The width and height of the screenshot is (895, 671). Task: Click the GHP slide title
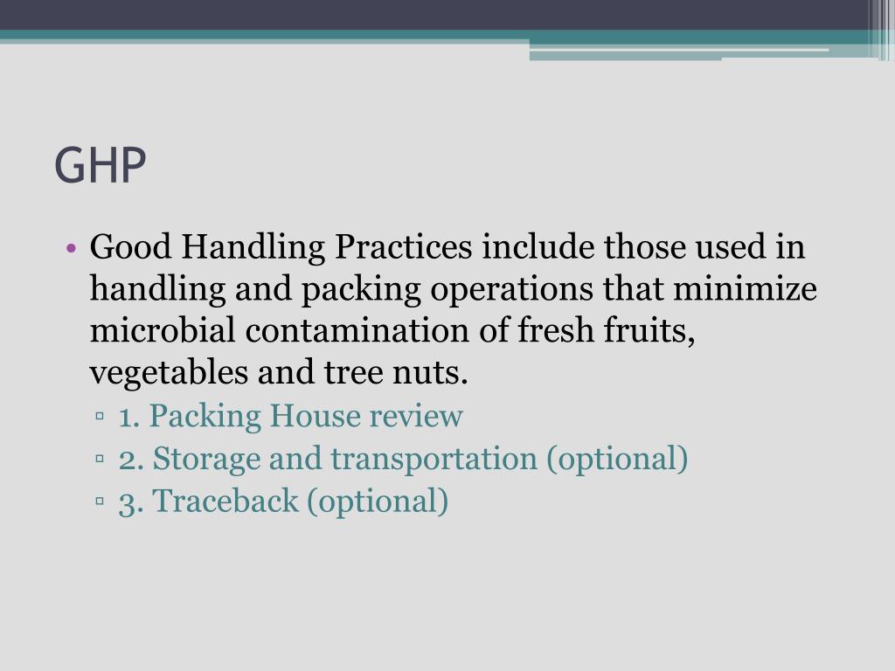click(x=100, y=165)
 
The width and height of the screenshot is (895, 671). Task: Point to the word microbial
click(x=163, y=331)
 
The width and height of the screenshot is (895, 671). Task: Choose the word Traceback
click(x=225, y=502)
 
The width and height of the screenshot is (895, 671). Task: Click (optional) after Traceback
click(x=378, y=502)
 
